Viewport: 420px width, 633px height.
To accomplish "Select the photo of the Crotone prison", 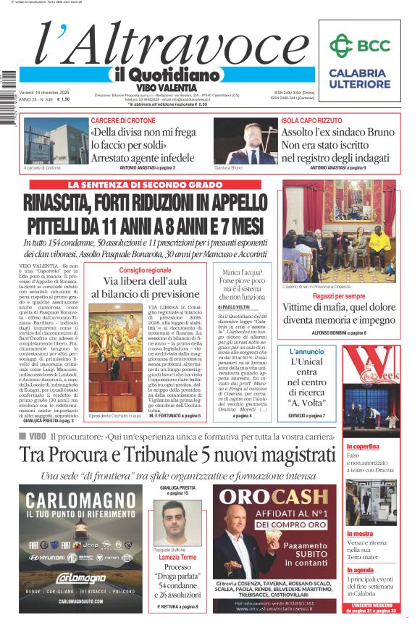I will pos(48,141).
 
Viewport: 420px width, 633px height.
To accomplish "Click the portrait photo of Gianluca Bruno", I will pos(245,141).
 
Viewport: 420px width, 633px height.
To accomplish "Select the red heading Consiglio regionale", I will pos(145,270).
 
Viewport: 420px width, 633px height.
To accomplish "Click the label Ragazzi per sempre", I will pos(339,296).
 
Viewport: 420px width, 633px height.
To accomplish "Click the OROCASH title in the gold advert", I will pos(274,497).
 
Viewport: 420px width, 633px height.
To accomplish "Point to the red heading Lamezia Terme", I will pos(177,557).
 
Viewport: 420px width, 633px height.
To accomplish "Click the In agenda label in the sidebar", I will pos(360,570).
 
